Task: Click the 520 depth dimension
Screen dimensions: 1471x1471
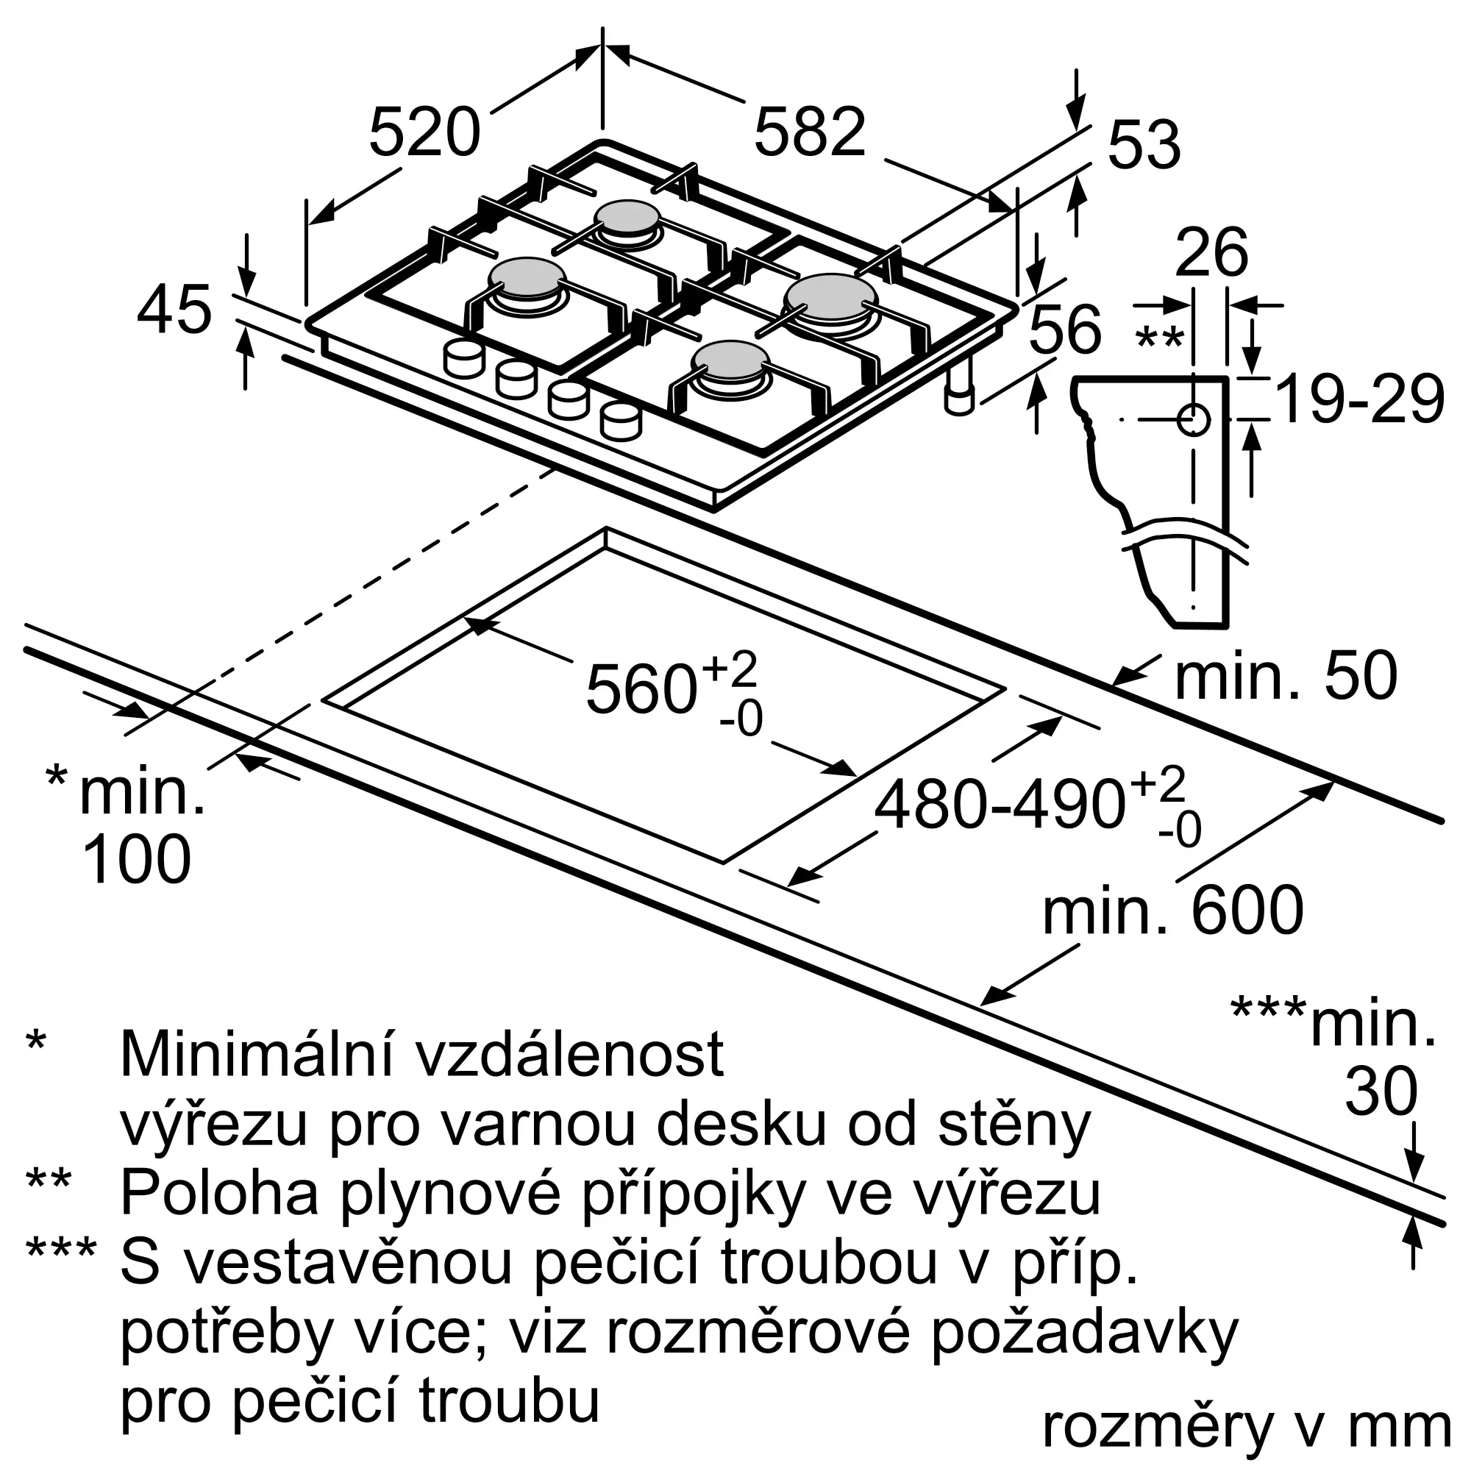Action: click(425, 133)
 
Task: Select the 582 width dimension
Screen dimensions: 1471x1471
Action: click(810, 133)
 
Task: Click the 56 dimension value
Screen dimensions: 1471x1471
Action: click(1065, 328)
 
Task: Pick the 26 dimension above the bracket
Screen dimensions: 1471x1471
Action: click(1211, 252)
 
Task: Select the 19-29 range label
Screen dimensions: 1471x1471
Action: click(1359, 399)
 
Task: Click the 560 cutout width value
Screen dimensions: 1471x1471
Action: click(641, 689)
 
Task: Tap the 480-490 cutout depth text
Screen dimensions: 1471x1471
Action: click(1000, 804)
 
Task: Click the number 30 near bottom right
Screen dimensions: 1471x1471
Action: click(1381, 1091)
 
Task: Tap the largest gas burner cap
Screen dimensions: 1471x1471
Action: click(831, 297)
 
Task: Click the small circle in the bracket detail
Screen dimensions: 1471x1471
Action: click(1193, 419)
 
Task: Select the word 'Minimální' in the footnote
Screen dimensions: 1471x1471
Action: click(263, 1055)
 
